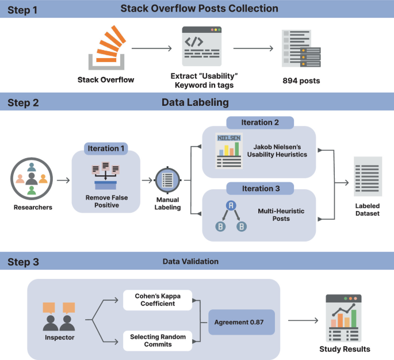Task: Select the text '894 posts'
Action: (301, 81)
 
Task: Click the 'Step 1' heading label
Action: (23, 9)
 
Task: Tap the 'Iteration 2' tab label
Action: (259, 122)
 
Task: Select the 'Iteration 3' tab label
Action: (259, 188)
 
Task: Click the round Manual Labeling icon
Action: (168, 180)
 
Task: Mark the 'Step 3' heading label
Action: (23, 262)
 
